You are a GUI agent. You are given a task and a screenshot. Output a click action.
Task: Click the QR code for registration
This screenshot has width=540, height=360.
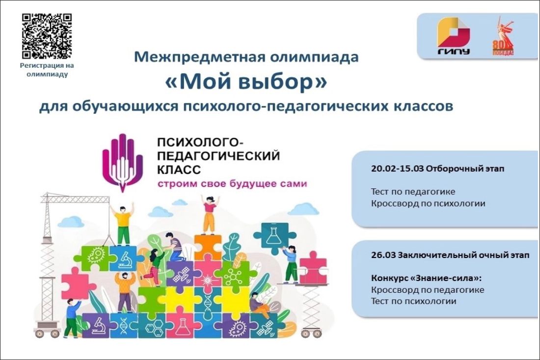click(x=47, y=36)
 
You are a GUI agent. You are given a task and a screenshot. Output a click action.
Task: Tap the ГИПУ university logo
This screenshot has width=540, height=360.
click(x=453, y=36)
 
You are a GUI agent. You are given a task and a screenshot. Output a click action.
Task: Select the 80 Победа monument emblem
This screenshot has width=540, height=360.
click(x=503, y=36)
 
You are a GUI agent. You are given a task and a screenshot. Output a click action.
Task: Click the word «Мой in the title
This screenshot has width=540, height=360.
click(x=204, y=82)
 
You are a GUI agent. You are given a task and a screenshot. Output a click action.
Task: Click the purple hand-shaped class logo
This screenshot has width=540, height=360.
click(x=122, y=162)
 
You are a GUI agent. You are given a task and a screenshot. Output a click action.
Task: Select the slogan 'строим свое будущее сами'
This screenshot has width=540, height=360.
click(x=232, y=183)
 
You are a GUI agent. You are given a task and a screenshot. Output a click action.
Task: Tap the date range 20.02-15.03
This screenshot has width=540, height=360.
click(x=397, y=169)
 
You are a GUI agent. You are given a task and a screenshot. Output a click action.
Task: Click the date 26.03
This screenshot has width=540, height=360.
click(x=383, y=255)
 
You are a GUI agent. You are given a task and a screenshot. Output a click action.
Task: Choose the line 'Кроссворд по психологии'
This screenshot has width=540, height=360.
click(x=428, y=204)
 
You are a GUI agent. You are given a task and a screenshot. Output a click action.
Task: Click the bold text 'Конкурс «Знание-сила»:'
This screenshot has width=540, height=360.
click(x=426, y=278)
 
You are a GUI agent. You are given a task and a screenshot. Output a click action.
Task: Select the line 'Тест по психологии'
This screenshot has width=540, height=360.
click(x=414, y=301)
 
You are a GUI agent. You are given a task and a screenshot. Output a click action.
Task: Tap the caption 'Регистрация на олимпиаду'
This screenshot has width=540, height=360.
click(x=47, y=70)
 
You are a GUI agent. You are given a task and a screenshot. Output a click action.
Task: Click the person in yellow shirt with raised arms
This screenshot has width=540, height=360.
click(x=123, y=225)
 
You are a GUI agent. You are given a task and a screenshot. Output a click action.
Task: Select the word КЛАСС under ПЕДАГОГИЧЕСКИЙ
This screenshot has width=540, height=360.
click(x=179, y=170)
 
